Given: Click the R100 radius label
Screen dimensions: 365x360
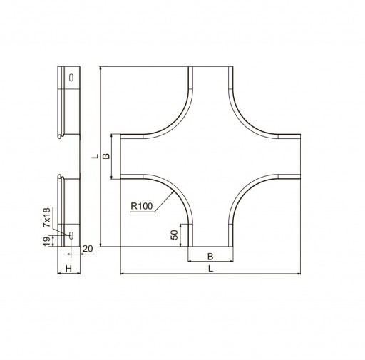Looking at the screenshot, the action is [142, 206].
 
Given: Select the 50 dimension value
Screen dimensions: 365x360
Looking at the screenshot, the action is [175, 235].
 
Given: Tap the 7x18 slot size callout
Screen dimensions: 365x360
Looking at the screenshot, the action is [47, 217].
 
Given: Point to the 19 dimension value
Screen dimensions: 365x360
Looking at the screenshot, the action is [47, 242].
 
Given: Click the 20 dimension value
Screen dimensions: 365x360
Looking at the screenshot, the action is [88, 249].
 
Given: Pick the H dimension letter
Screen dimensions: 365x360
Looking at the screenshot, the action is [68, 269].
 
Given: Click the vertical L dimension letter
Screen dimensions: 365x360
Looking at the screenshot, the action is [96, 156].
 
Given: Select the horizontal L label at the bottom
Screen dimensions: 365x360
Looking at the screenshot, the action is [210, 269].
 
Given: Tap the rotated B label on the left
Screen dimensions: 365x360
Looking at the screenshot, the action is [106, 156].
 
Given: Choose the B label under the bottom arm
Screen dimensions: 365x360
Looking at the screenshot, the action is [210, 257].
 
